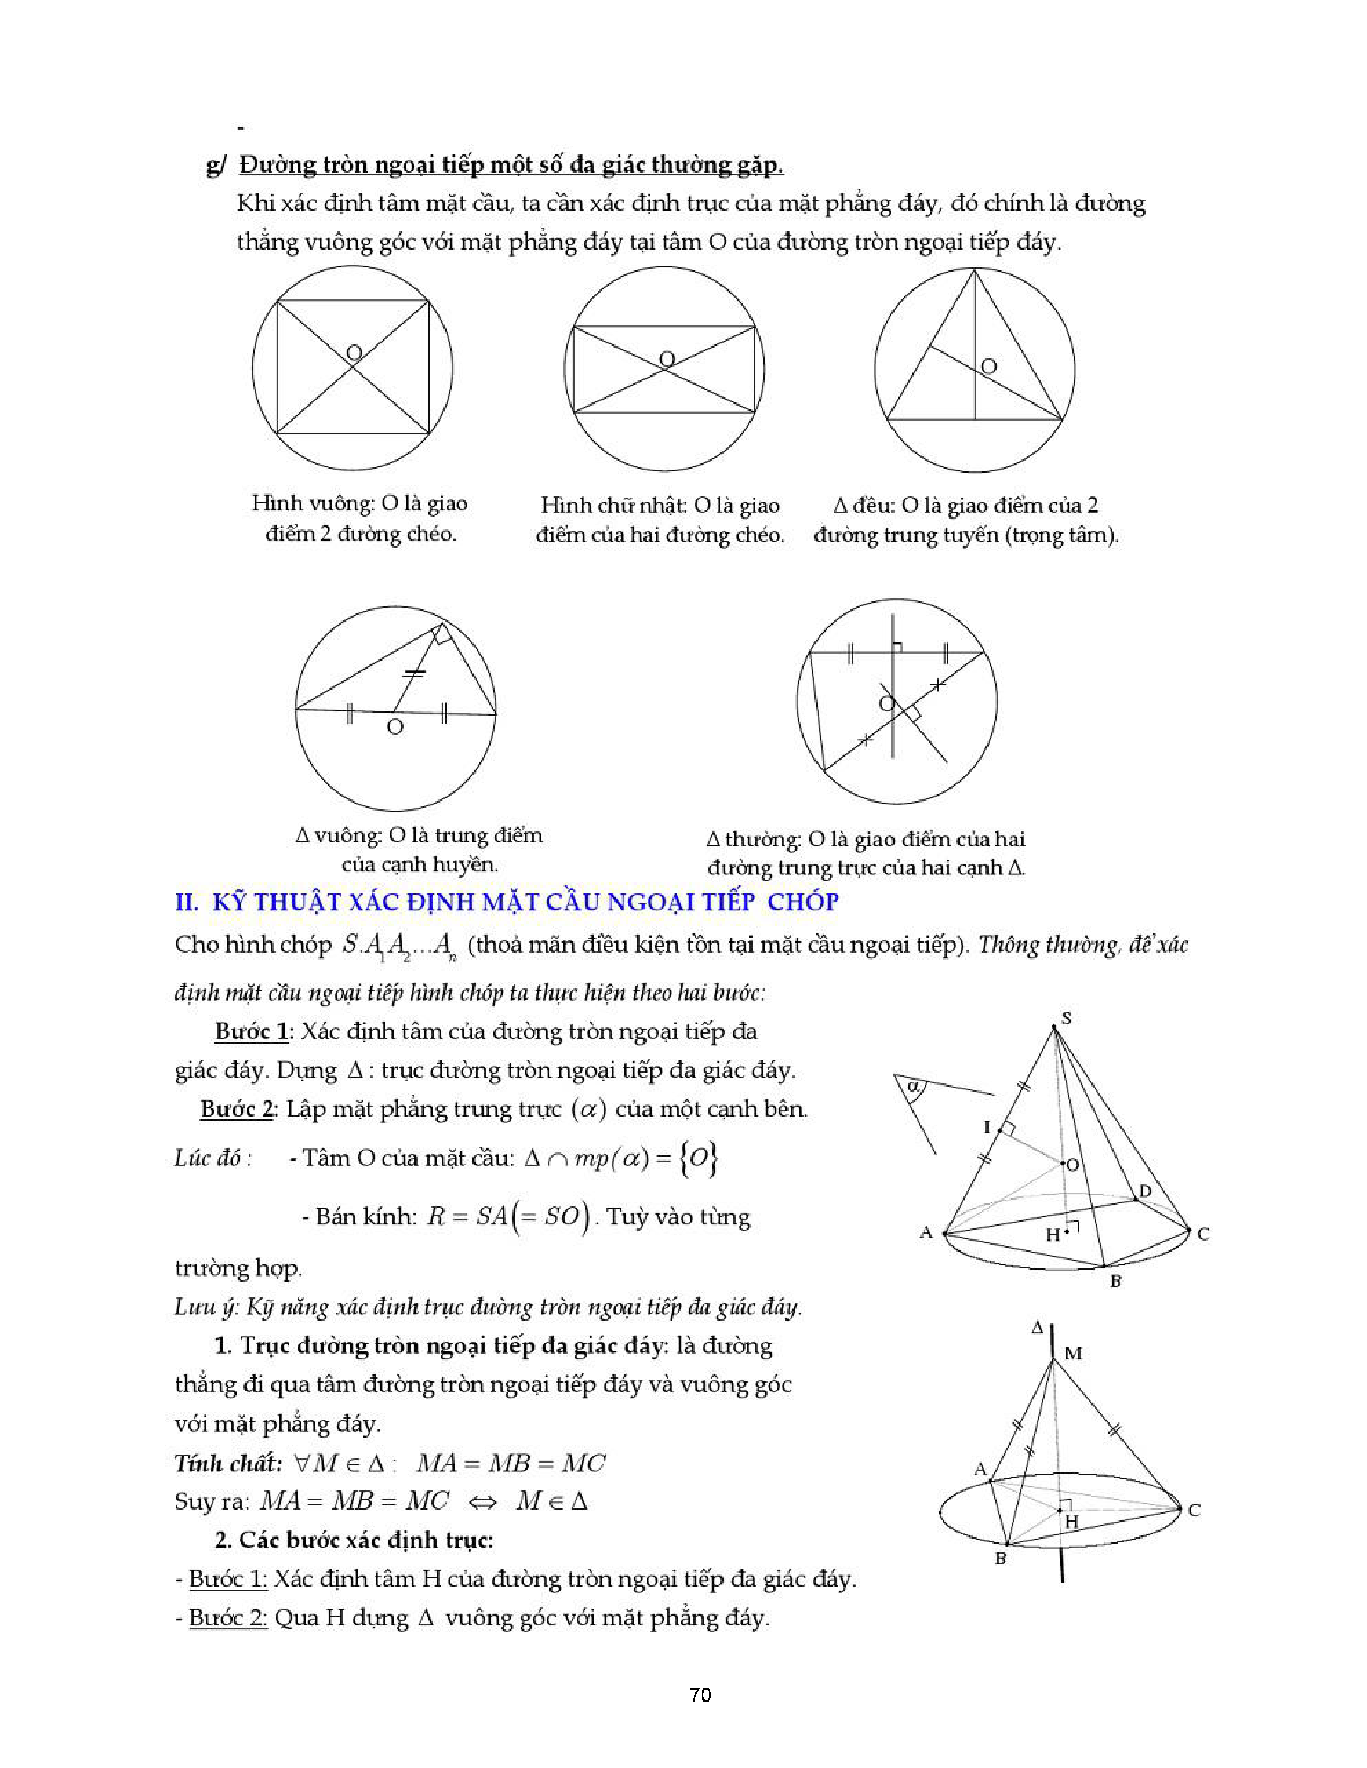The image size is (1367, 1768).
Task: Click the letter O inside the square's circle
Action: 354,353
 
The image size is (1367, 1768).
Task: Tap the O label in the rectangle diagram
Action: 666,358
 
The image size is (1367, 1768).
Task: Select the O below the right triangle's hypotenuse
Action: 395,727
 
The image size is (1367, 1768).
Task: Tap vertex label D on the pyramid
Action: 1145,1191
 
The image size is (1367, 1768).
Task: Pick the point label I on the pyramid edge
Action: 987,1126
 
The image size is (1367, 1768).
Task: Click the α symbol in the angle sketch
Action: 913,1085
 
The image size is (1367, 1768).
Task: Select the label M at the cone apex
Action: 1073,1353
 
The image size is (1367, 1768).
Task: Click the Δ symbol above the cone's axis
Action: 1037,1328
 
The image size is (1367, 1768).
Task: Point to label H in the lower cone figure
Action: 1072,1522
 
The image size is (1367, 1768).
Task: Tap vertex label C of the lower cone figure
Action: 1194,1510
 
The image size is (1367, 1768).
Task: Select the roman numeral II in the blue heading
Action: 186,901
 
